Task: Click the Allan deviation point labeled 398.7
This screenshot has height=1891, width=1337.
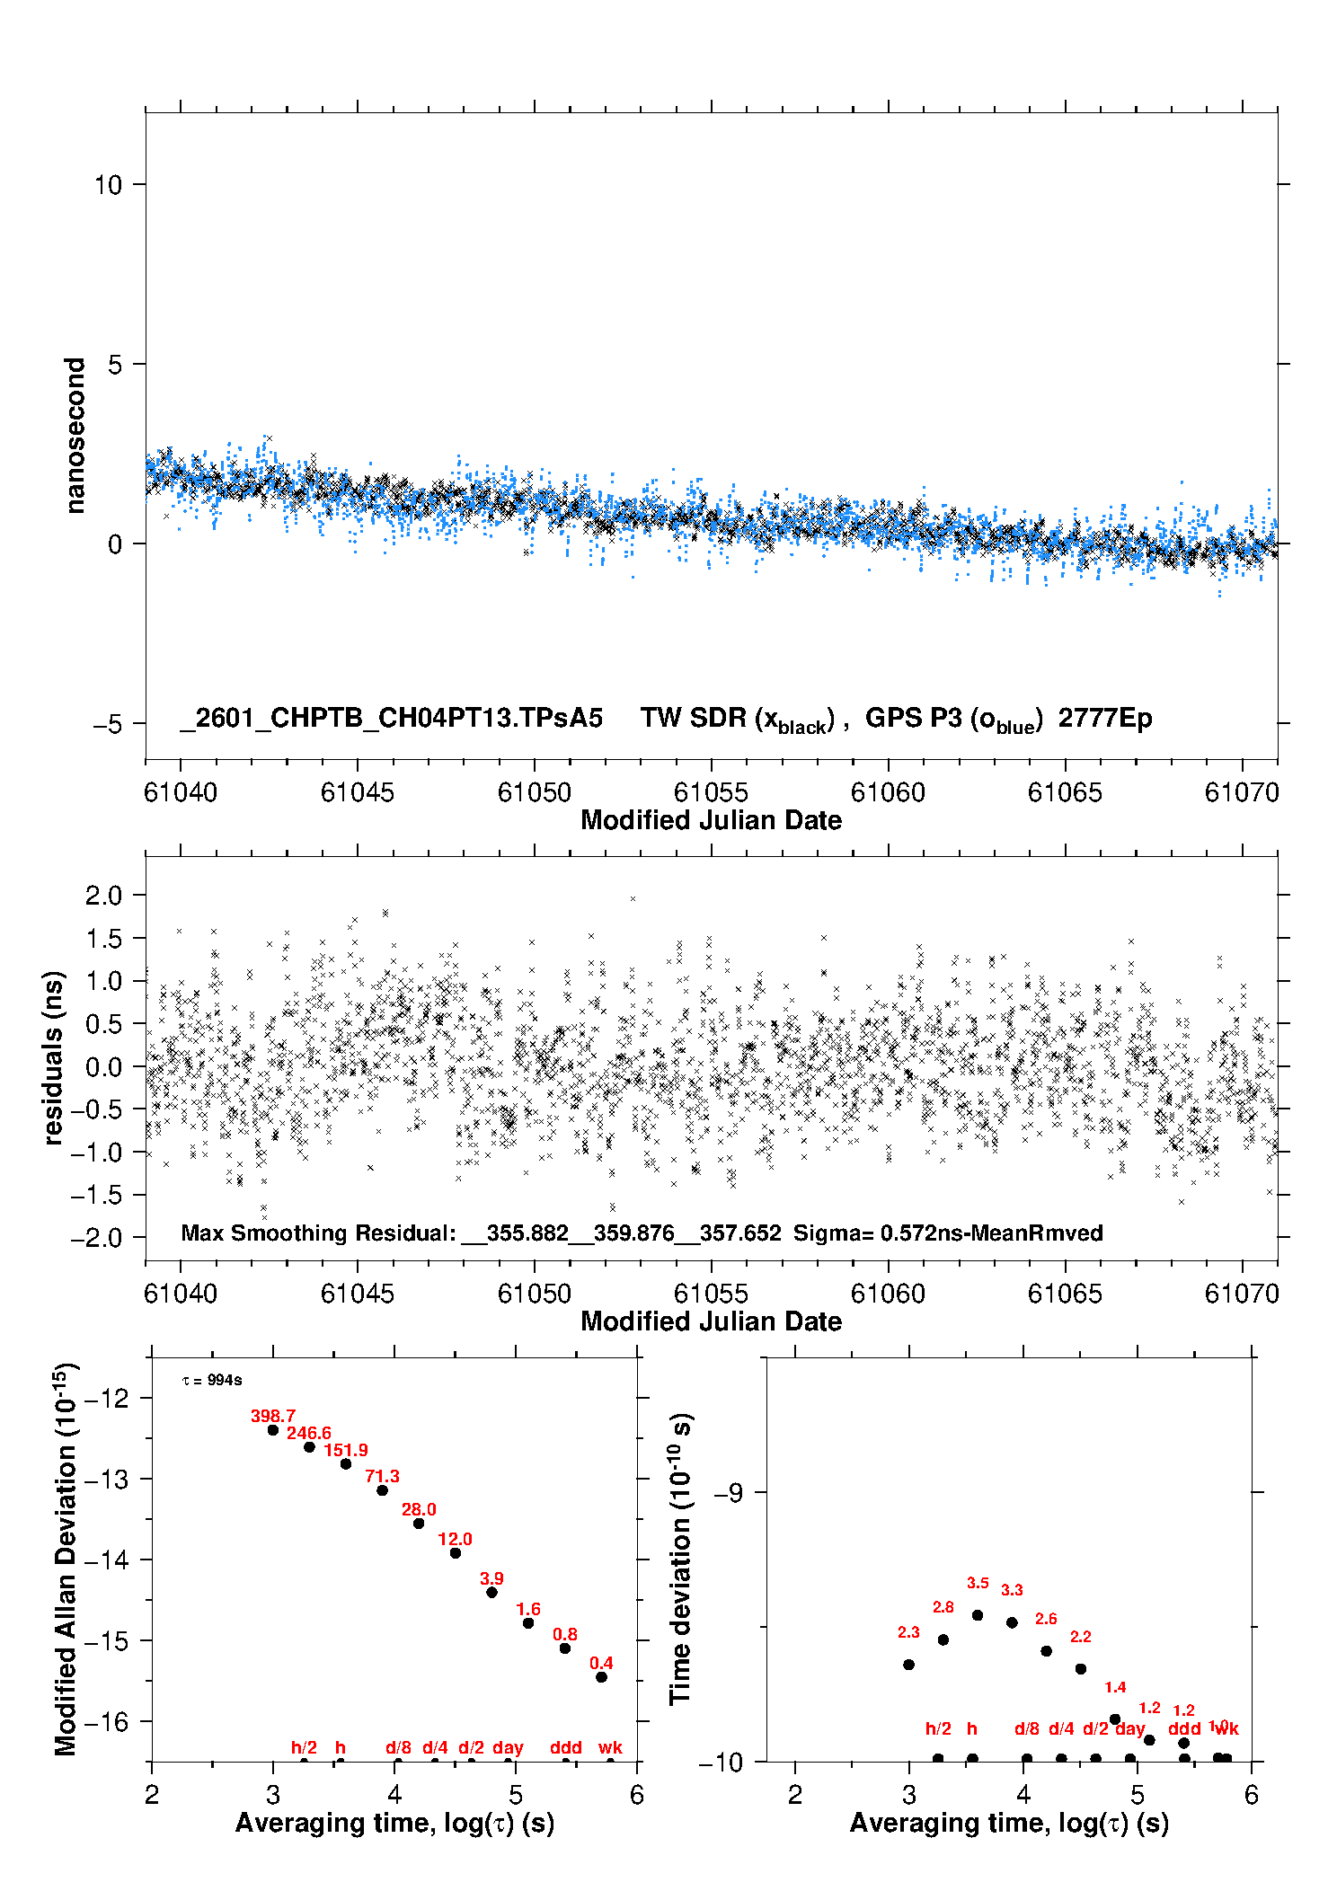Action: tap(273, 1429)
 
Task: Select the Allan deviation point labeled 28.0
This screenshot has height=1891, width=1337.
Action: tap(419, 1523)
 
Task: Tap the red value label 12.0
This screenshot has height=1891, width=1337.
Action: tap(456, 1539)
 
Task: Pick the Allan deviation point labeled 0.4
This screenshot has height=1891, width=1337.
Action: tap(602, 1676)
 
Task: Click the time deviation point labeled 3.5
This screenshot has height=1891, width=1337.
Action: tap(978, 1615)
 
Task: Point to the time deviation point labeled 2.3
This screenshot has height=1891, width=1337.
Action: tap(908, 1665)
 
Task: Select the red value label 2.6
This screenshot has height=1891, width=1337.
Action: tap(1046, 1619)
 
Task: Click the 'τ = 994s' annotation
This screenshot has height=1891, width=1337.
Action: tap(212, 1380)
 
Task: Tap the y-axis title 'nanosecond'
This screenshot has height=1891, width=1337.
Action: tap(75, 436)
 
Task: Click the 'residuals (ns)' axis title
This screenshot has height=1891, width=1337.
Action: tap(54, 1057)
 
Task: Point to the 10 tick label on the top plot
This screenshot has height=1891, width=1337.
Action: tap(108, 185)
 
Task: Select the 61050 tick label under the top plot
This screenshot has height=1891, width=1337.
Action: tap(534, 792)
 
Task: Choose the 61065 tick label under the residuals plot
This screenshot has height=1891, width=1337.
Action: tap(1065, 1294)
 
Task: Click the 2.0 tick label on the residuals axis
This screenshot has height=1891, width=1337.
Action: tap(103, 895)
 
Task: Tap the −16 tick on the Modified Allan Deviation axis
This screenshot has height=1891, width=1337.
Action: tap(107, 1721)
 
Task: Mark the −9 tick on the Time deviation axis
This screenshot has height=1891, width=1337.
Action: tap(728, 1493)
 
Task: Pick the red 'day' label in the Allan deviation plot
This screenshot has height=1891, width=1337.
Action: tap(508, 1747)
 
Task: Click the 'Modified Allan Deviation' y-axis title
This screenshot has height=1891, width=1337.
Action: tap(66, 1559)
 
